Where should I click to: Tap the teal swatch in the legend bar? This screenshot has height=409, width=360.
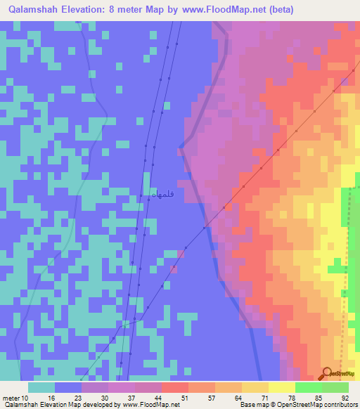41,387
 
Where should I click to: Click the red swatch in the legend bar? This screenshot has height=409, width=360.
174,387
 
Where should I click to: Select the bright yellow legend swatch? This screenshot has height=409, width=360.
281,387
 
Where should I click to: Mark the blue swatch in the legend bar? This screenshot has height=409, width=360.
68,387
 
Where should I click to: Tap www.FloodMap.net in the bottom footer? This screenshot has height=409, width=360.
150,404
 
